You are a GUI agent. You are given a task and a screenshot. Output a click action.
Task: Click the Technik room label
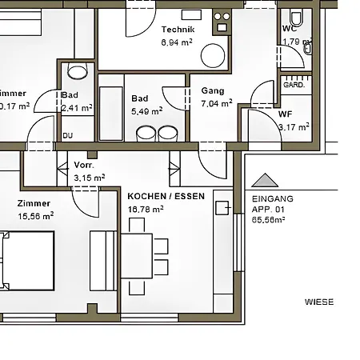click(x=178, y=28)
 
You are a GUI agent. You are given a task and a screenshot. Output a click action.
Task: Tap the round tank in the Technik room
click(x=212, y=55)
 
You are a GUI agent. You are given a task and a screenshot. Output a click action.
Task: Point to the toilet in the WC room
click(x=296, y=17)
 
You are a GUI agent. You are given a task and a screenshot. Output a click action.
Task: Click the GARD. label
click(x=294, y=84)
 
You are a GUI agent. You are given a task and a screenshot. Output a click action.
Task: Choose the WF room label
click(x=286, y=114)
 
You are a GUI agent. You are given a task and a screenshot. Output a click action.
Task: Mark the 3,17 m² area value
click(x=293, y=126)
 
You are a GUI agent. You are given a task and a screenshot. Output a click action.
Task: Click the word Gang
click(x=213, y=91)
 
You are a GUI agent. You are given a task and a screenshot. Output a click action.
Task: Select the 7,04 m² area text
click(x=216, y=103)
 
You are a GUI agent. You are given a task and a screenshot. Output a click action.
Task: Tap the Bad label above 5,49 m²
click(x=140, y=98)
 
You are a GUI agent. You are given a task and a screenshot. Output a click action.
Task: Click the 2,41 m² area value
click(x=77, y=106)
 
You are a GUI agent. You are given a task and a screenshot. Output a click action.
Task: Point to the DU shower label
click(x=67, y=135)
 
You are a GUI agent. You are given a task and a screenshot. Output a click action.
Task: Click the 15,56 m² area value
click(x=36, y=215)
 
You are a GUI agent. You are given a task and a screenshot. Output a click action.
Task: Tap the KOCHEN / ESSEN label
click(x=166, y=196)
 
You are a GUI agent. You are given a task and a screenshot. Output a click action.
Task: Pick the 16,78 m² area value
click(x=146, y=209)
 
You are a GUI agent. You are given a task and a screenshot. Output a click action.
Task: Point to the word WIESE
click(x=319, y=302)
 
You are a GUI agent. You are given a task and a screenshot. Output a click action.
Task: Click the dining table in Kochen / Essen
click(x=137, y=255)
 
